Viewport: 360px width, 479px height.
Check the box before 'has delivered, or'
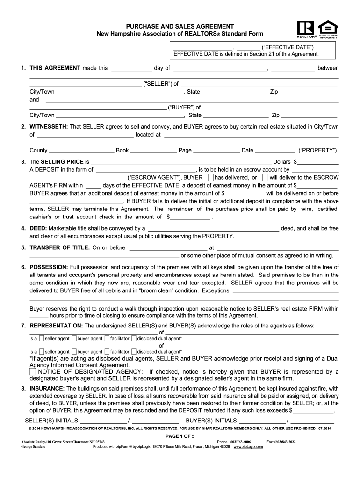click(x=211, y=178)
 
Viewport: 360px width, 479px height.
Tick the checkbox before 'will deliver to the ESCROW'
click(x=265, y=178)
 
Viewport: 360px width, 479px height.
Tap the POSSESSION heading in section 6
click(x=49, y=267)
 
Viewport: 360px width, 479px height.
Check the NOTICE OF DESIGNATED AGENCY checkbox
click(x=32, y=372)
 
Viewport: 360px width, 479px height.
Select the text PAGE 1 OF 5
click(x=180, y=436)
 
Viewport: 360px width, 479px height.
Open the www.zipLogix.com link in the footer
click(x=248, y=447)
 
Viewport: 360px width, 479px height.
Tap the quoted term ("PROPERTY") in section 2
click(x=318, y=150)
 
